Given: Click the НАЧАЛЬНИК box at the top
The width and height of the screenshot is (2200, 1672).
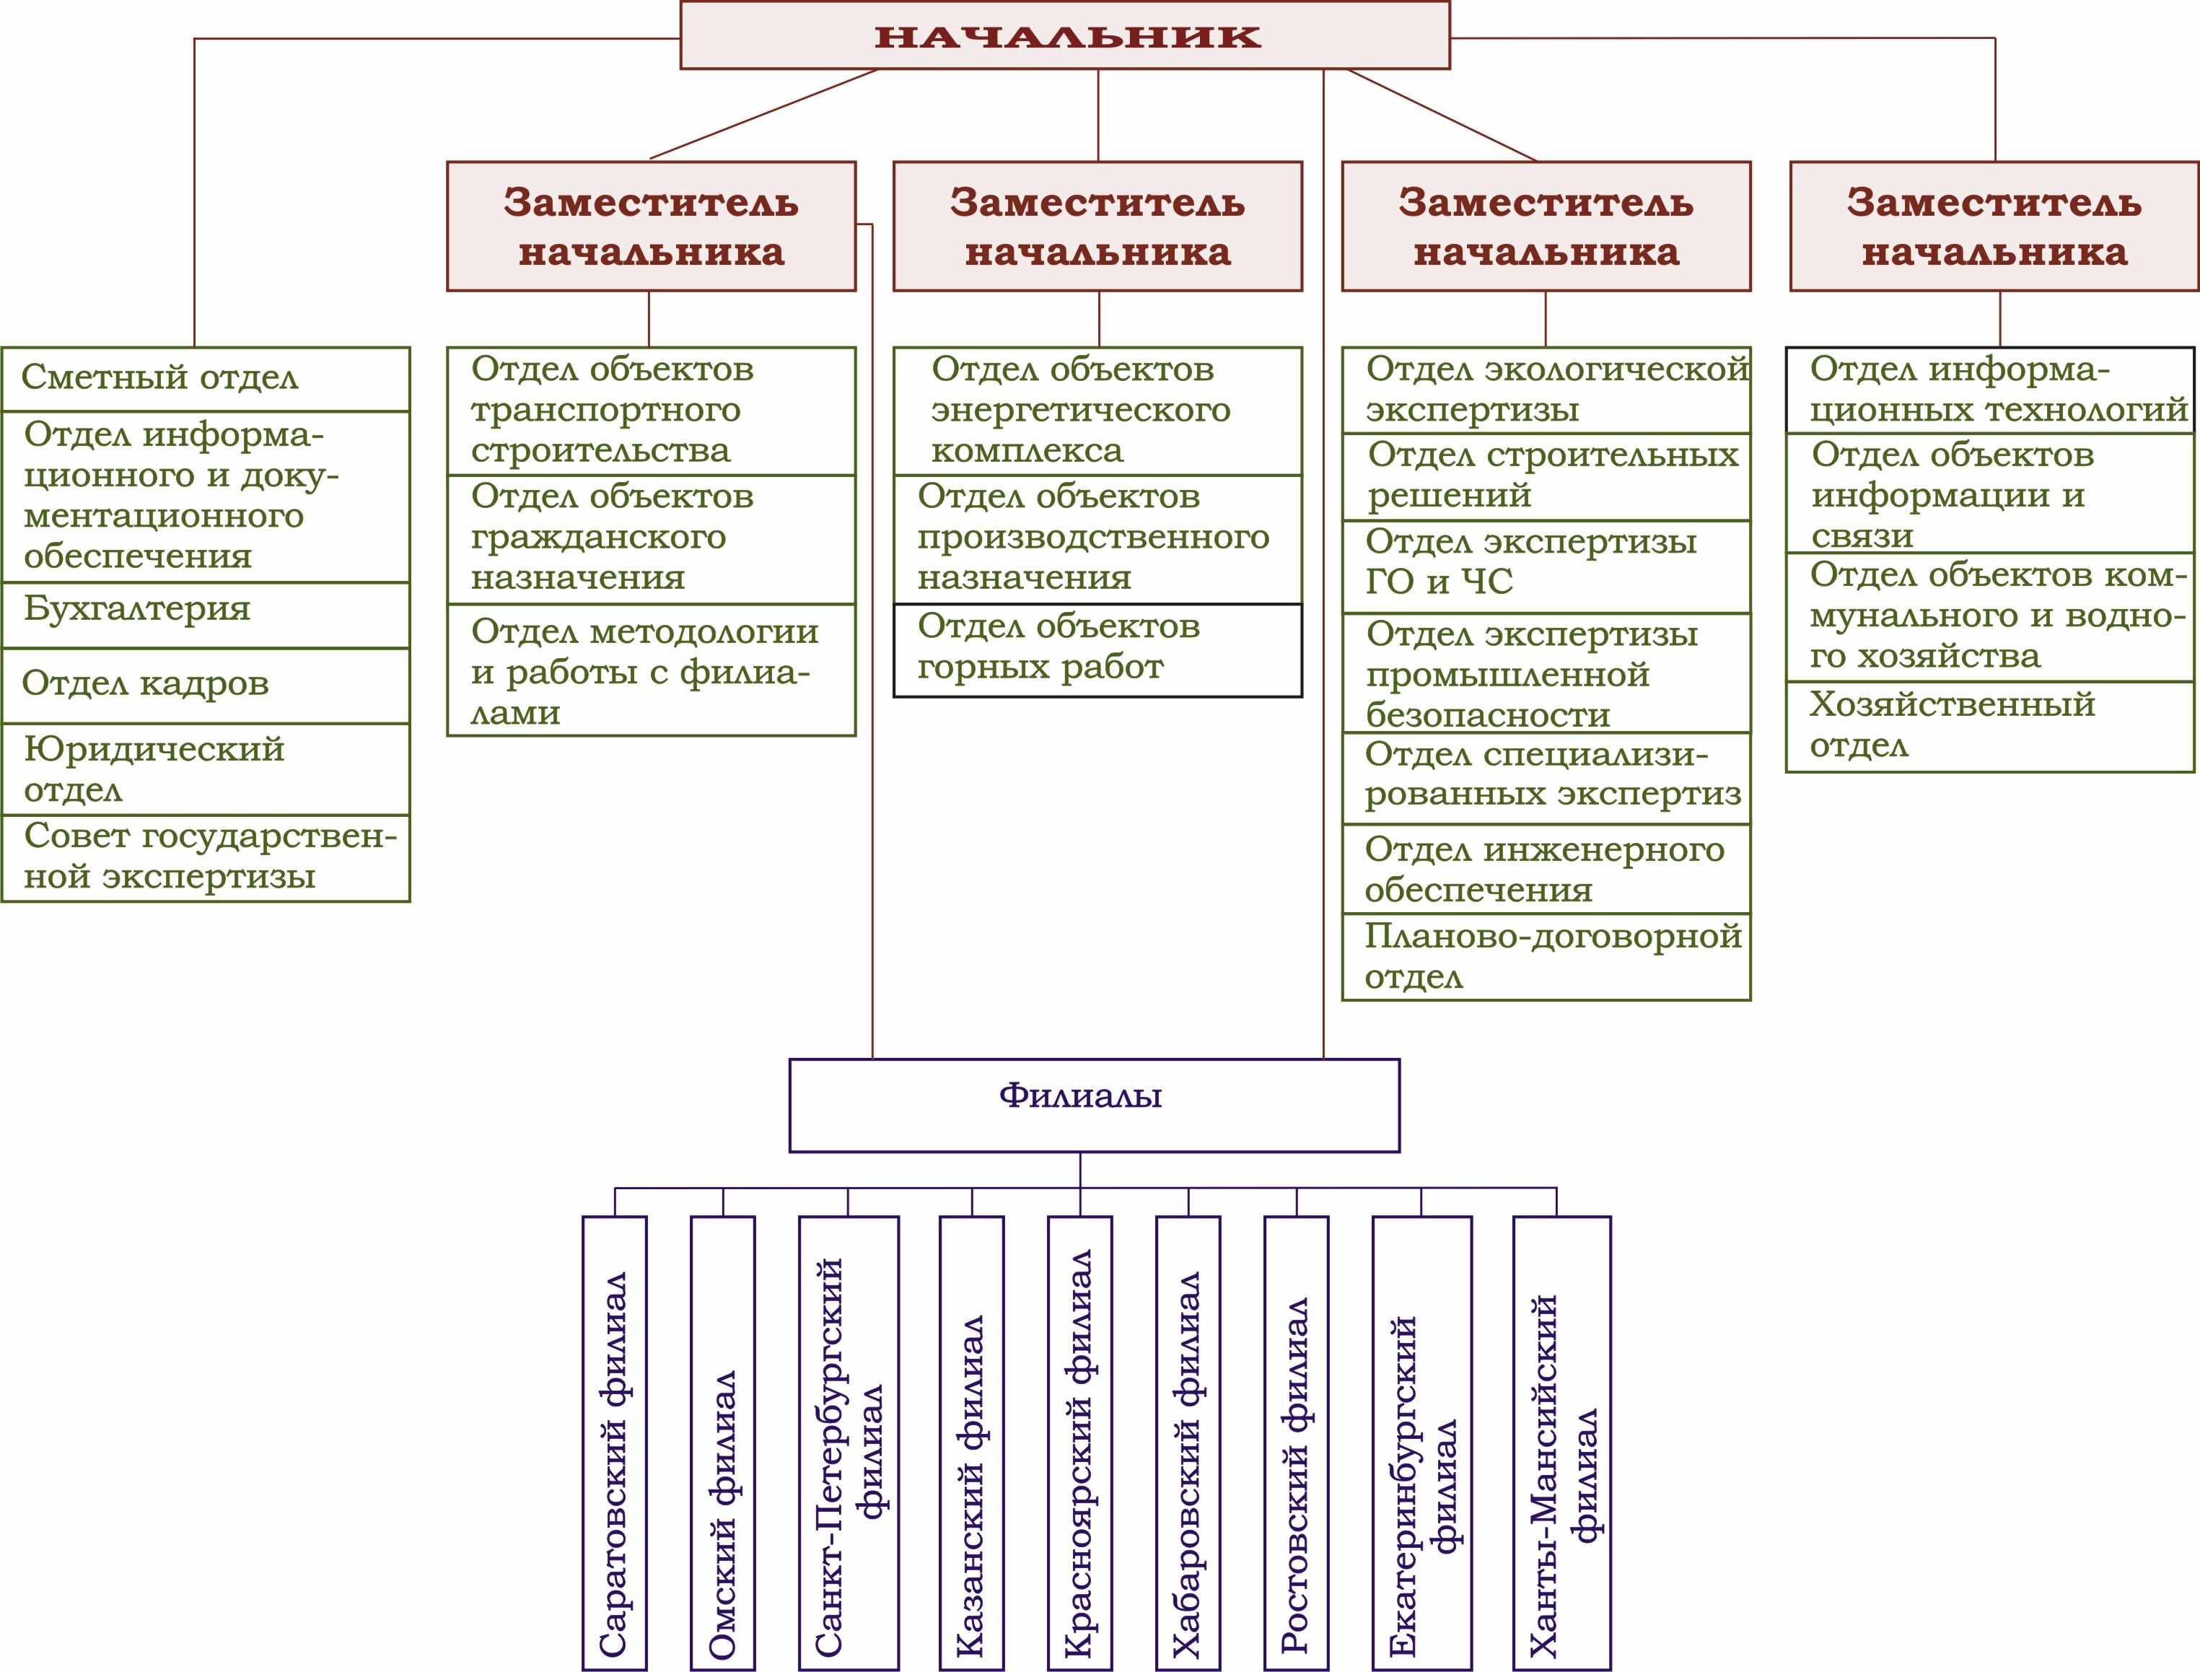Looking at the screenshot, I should pyautogui.click(x=1065, y=36).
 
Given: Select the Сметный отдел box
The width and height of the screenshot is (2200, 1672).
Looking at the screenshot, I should pyautogui.click(x=205, y=378).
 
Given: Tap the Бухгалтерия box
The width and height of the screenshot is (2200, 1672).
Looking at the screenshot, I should pyautogui.click(x=205, y=614).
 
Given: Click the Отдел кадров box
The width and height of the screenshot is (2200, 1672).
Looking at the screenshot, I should pyautogui.click(x=205, y=685).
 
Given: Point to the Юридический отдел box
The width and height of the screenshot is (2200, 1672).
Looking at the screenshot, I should pyautogui.click(x=205, y=769).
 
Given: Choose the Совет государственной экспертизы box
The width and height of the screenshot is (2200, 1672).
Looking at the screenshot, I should pyautogui.click(x=205, y=857).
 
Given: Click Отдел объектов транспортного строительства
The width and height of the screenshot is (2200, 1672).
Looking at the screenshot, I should pyautogui.click(x=651, y=410).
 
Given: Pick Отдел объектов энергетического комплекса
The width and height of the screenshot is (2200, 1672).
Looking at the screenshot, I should pyautogui.click(x=1097, y=410).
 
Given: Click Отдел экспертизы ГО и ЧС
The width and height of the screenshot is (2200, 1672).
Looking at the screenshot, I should pyautogui.click(x=1546, y=565).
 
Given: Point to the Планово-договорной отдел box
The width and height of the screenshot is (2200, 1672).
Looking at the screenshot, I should pyautogui.click(x=1546, y=955).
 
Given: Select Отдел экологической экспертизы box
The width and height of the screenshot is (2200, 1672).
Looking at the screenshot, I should pyautogui.click(x=1546, y=389).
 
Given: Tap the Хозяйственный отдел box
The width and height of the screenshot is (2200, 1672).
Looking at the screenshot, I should pyautogui.click(x=1989, y=725).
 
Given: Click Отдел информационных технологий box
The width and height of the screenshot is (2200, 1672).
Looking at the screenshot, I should pyautogui.click(x=1989, y=389).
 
